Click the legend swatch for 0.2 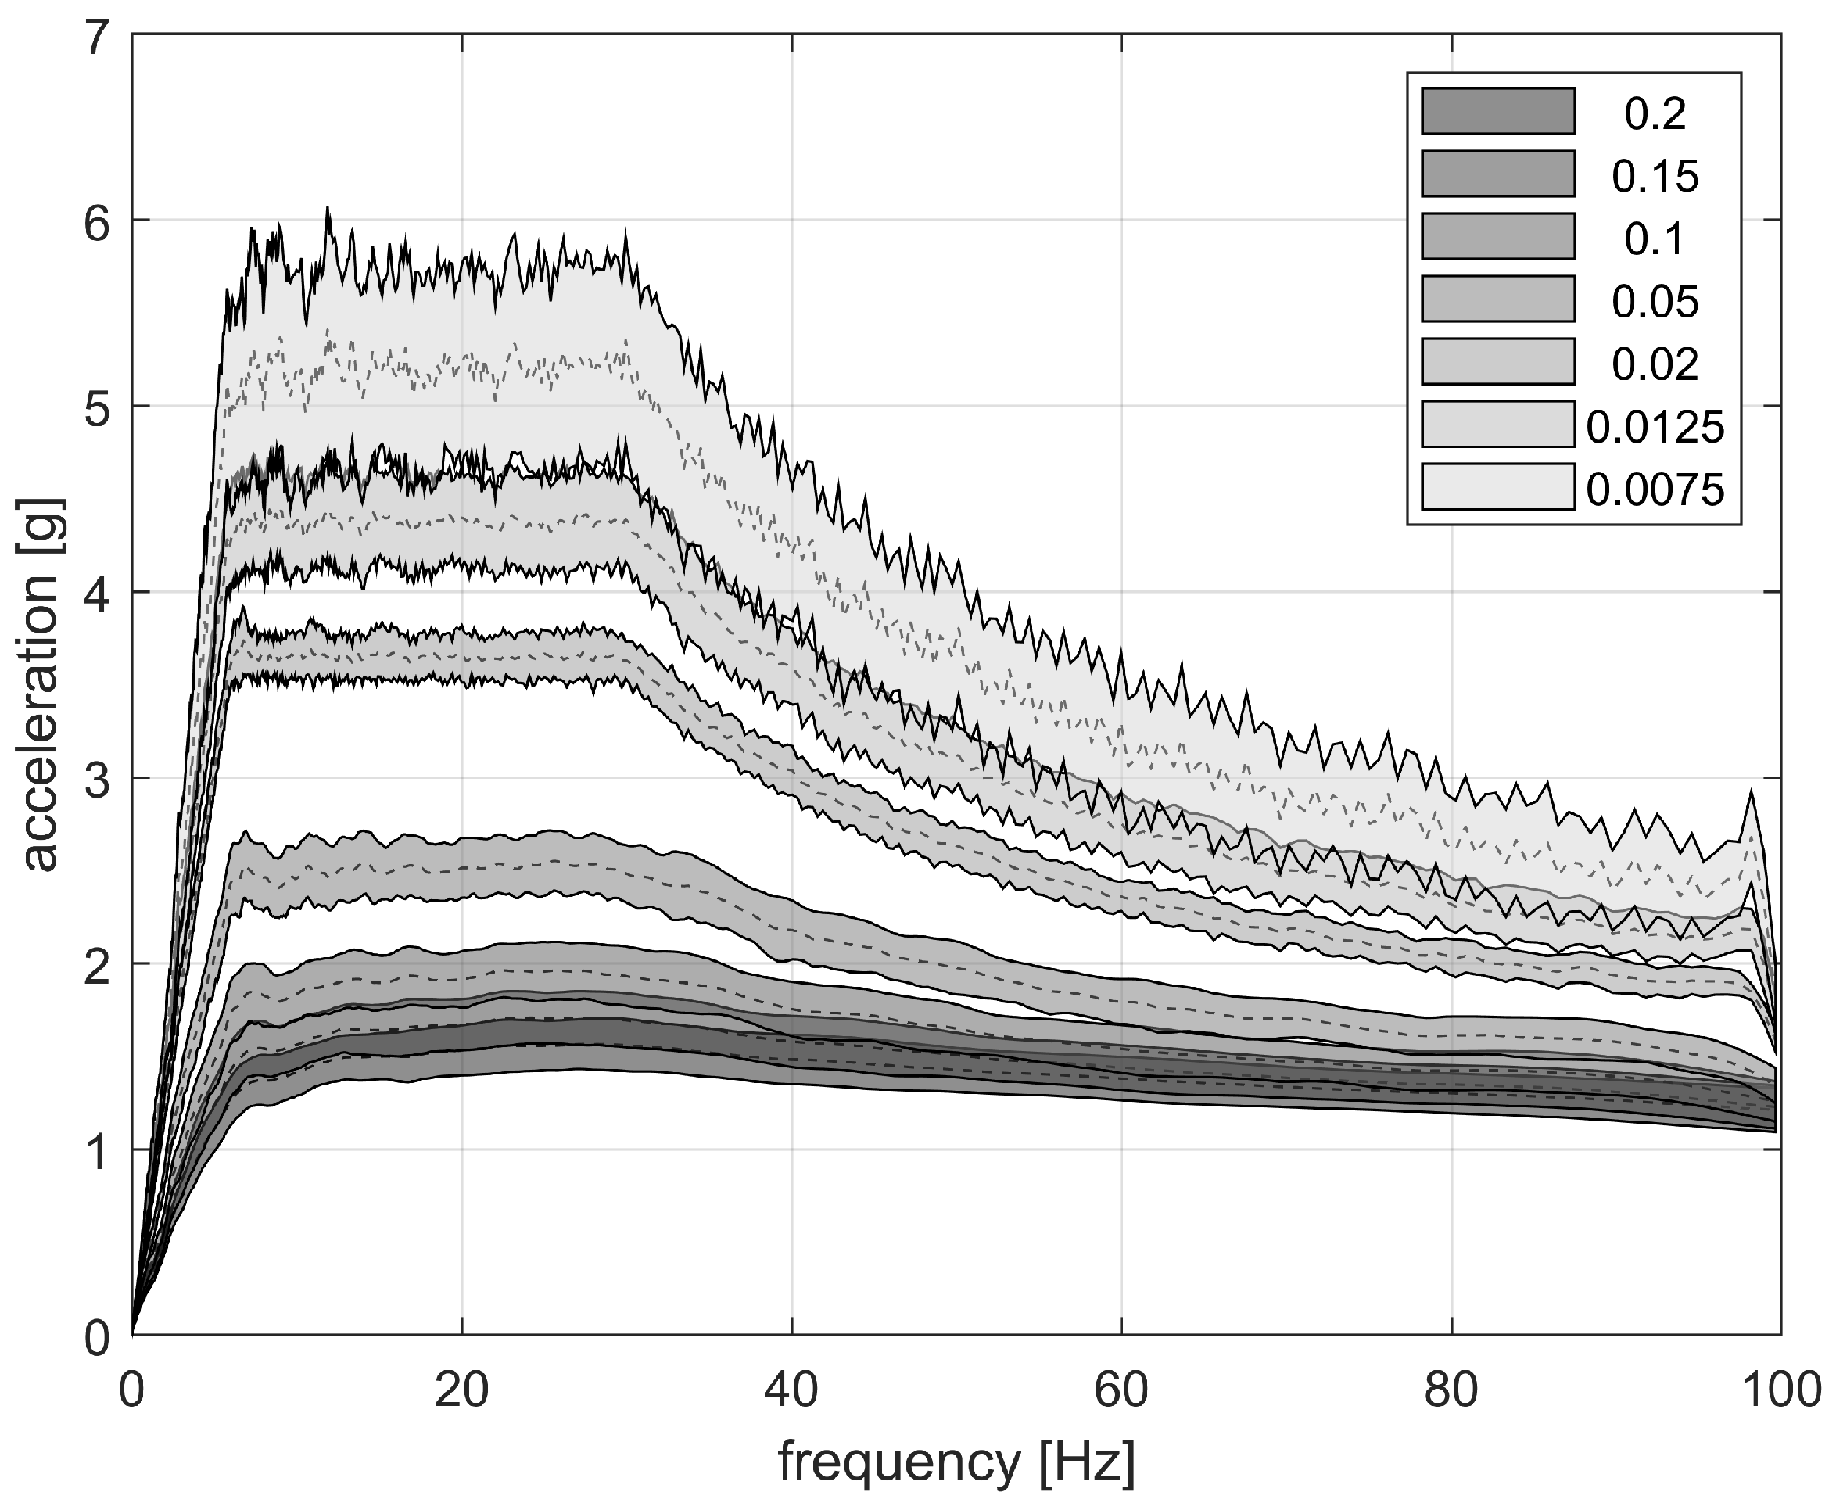[1497, 111]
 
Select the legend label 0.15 [1655, 177]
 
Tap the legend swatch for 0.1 [1497, 237]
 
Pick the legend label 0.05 [1655, 302]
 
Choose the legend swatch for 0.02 [1497, 362]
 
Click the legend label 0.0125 [1655, 427]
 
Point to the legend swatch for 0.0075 [1497, 487]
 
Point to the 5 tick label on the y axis [98, 407]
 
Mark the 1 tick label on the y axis [98, 1150]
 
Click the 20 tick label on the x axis [461, 1391]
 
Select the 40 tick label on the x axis [791, 1391]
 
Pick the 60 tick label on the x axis [1121, 1391]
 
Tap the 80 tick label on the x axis [1451, 1391]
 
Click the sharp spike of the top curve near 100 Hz [1750, 791]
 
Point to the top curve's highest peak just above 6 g [327, 209]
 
